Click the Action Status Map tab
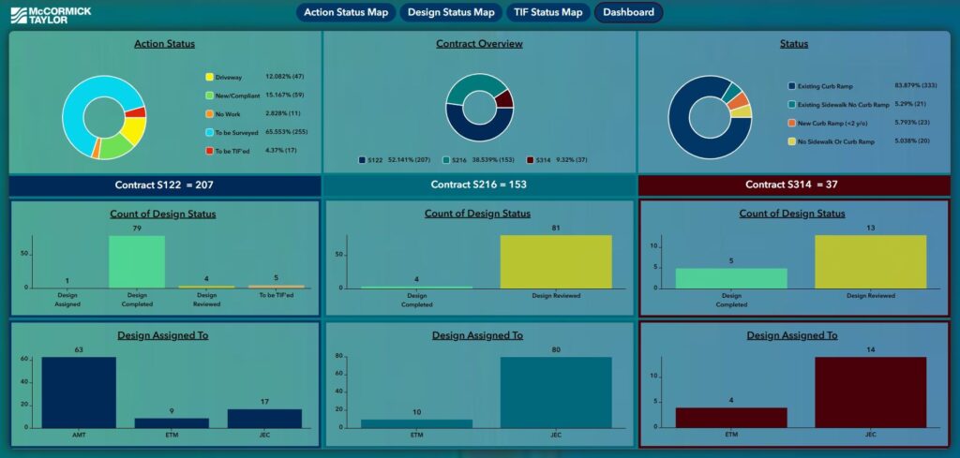click(346, 12)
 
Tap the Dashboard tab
click(628, 12)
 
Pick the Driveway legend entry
click(228, 77)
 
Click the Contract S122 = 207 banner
click(164, 185)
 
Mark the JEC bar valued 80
click(557, 392)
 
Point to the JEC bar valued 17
click(264, 418)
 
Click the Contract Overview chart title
click(479, 44)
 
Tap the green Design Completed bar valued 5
click(731, 278)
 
